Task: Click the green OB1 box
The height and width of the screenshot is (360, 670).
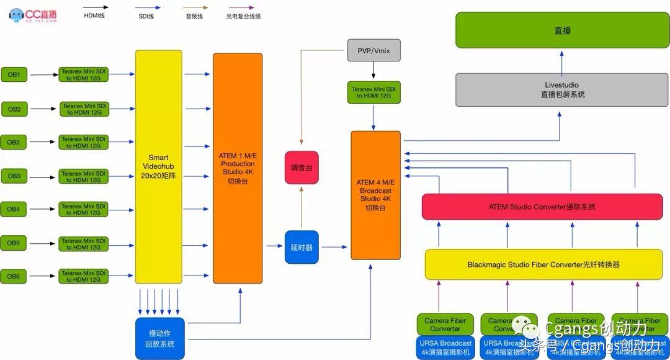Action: tap(14, 75)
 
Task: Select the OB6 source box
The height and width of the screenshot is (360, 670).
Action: tap(14, 276)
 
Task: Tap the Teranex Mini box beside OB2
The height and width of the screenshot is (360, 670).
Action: tap(84, 109)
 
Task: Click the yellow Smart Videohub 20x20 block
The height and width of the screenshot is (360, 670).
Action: tap(159, 166)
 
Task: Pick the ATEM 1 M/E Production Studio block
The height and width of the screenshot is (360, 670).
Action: tap(238, 168)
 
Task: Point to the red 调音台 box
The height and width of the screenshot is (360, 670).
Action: tap(301, 168)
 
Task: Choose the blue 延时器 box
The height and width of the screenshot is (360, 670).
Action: tap(301, 246)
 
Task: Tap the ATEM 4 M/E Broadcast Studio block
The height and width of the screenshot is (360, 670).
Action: tap(375, 195)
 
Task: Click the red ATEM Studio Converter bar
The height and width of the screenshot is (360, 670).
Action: tap(542, 207)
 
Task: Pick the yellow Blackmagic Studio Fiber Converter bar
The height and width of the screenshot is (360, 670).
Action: tap(543, 264)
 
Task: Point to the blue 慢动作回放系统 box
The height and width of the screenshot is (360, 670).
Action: tap(161, 339)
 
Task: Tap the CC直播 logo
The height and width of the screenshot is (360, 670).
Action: tap(33, 15)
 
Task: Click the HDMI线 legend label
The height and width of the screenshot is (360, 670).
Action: tap(94, 16)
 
